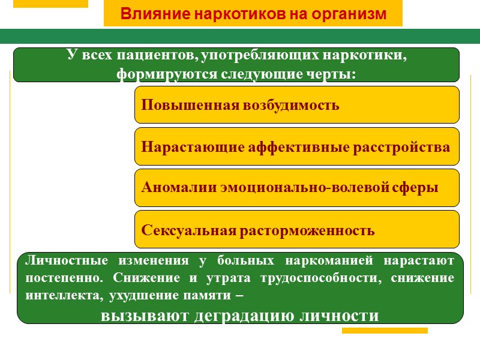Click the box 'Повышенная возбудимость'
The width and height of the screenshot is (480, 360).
(x=296, y=105)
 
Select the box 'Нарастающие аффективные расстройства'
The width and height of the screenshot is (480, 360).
(x=296, y=146)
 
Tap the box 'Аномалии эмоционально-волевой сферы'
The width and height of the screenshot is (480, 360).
(x=296, y=188)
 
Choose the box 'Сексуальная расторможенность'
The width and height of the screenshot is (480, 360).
(x=296, y=229)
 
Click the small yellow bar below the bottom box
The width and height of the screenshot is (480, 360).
(x=385, y=331)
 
